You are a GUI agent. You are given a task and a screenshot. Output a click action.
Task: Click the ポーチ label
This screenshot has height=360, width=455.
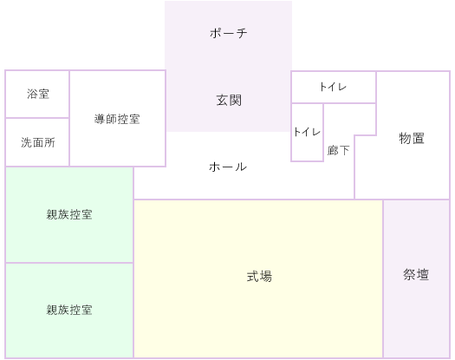pos(229,33)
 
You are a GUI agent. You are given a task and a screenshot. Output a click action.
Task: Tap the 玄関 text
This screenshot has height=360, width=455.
pos(229,101)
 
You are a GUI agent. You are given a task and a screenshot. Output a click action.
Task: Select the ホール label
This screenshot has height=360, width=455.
pos(228,167)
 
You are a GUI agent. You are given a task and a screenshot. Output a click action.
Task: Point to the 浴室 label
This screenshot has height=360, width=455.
pos(38,94)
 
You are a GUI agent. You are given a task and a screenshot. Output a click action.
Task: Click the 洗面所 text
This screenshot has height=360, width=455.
pos(38,142)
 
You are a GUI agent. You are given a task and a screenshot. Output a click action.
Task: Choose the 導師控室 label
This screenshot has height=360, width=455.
pos(117,119)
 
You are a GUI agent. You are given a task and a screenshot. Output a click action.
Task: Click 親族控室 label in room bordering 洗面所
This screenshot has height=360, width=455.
pos(69,214)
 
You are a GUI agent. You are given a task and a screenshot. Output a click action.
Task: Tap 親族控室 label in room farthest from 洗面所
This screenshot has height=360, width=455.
pos(69,310)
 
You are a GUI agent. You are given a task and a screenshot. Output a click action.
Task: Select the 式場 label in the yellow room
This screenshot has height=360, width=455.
pos(259,276)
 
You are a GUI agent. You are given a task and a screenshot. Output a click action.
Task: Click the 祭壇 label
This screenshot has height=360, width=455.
pos(416,275)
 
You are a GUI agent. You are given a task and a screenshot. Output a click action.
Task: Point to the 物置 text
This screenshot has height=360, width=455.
pos(412,138)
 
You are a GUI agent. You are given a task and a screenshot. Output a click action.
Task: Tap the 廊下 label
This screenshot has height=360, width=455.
pos(338,150)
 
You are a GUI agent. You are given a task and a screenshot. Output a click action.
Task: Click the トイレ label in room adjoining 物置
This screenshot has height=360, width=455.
pos(333,87)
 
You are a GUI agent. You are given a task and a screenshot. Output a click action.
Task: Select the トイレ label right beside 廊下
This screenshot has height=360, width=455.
pos(307,132)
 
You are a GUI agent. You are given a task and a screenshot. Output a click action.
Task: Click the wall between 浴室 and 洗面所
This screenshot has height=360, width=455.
pos(37,118)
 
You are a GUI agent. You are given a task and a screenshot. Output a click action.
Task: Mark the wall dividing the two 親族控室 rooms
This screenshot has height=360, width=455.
pos(69,263)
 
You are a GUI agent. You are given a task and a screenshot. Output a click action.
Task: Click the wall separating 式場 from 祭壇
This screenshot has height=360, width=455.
pos(383,279)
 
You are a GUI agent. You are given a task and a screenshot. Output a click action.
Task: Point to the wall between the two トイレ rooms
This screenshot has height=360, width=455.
pos(308,103)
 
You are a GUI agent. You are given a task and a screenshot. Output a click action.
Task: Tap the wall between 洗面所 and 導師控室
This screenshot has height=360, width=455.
pos(69,142)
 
